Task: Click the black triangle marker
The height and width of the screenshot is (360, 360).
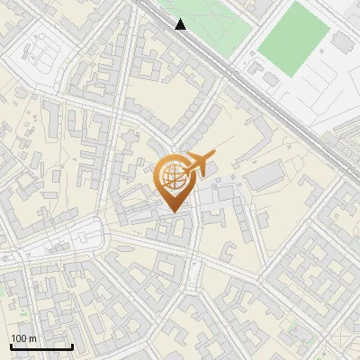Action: [181, 24]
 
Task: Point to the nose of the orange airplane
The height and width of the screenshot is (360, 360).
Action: [212, 156]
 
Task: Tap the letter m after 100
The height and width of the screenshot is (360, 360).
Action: [32, 338]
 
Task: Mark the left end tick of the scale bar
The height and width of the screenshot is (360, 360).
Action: [11, 346]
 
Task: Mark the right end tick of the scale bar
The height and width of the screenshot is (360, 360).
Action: [72, 346]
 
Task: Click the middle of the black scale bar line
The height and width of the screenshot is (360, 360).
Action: [41, 346]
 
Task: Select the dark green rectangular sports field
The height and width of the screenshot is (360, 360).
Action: [294, 39]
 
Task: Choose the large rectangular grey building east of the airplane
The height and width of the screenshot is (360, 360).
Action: [265, 177]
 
